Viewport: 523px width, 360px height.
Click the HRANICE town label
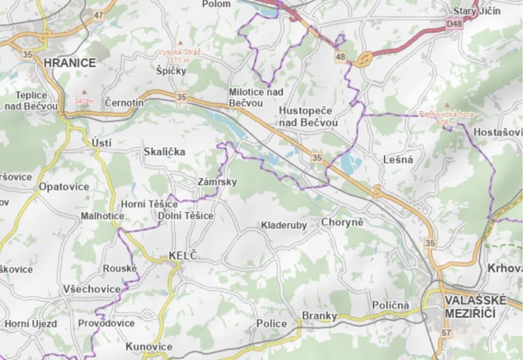pos(70,63)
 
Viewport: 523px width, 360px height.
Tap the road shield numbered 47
pos(99,15)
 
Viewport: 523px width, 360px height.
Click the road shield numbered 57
pos(446,333)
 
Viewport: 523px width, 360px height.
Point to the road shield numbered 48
pos(340,56)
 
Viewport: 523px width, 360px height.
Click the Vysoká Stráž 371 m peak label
pos(179,56)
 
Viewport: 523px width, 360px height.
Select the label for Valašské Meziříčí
pos(475,306)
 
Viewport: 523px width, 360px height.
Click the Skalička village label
pos(164,152)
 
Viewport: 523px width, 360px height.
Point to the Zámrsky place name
pos(217,182)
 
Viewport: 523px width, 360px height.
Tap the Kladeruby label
pos(284,225)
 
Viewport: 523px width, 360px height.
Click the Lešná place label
pos(398,160)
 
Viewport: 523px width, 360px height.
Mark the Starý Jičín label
pos(477,11)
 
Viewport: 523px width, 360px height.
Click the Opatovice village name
pos(64,187)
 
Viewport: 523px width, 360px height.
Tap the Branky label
pos(319,316)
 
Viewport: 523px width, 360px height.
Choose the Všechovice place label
pos(92,289)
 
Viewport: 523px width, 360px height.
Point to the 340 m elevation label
pos(84,102)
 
